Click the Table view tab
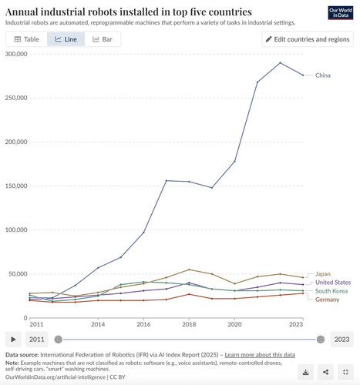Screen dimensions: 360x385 point(27,39)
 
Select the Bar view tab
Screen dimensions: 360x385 point(103,39)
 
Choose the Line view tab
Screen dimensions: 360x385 point(66,39)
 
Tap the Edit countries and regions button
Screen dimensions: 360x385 point(308,39)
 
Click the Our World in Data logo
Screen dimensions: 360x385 point(341,12)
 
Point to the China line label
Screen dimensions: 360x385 point(323,75)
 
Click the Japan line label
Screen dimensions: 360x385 point(323,274)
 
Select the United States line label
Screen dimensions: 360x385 point(333,283)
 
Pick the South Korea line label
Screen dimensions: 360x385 point(331,291)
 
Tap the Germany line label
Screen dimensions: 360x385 point(328,300)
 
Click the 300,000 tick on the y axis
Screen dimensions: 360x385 point(16,54)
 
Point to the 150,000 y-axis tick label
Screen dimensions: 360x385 point(16,186)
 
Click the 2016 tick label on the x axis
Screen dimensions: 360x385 point(143,324)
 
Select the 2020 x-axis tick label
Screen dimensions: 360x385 point(234,324)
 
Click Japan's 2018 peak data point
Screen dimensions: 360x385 point(189,269)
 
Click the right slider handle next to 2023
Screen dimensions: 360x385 point(321,340)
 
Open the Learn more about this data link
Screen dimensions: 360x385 point(260,355)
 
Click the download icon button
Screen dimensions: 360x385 point(306,372)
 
